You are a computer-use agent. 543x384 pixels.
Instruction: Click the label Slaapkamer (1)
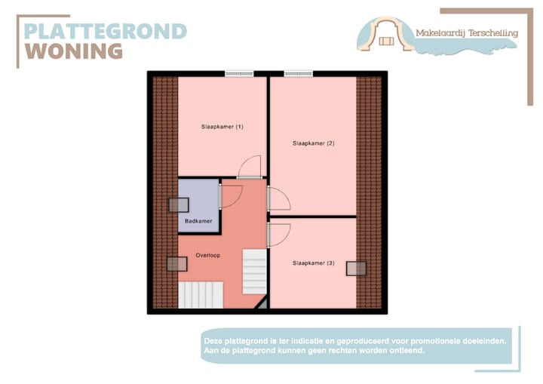click(222, 126)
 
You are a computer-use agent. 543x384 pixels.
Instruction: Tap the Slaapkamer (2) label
click(313, 143)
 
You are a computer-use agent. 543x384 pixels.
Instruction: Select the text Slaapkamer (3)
click(313, 263)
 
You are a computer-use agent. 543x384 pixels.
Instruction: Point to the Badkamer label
click(198, 221)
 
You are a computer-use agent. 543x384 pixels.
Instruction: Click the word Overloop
click(207, 256)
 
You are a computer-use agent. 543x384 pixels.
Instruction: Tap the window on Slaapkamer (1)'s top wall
click(238, 73)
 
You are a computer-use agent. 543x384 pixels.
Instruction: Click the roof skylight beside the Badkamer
click(179, 205)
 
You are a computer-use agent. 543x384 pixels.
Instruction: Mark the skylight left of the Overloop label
click(176, 263)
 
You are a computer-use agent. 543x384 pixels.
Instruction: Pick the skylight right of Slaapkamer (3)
click(356, 268)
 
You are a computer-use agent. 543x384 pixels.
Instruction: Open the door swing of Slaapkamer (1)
click(250, 167)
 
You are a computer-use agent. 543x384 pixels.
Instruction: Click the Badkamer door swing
click(230, 195)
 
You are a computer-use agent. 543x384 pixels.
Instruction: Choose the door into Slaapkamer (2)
click(278, 199)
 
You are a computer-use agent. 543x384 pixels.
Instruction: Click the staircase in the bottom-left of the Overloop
click(201, 294)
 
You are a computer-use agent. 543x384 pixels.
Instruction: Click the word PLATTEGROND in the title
click(105, 31)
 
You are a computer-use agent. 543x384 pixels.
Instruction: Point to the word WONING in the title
click(74, 51)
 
